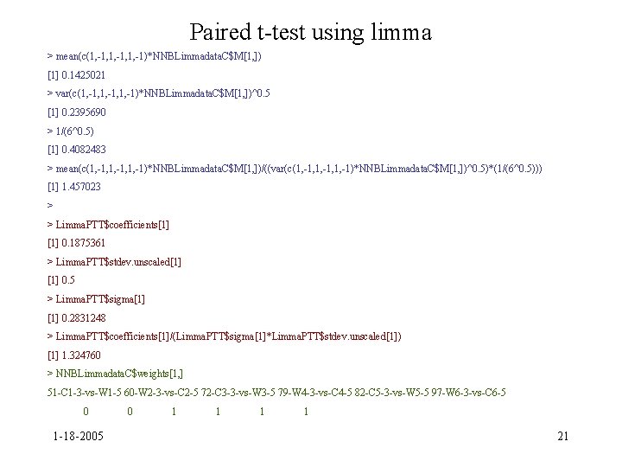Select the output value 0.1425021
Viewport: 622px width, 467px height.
(x=83, y=74)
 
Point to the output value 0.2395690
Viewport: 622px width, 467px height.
(x=83, y=112)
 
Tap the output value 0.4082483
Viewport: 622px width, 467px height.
(x=83, y=150)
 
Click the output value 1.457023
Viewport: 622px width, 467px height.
(x=80, y=187)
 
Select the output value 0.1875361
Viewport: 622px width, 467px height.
(x=83, y=243)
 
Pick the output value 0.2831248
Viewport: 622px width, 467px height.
(x=83, y=317)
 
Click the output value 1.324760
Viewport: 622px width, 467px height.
(x=80, y=355)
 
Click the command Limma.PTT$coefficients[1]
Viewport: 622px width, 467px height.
(x=112, y=224)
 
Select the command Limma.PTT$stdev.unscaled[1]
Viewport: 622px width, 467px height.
(x=117, y=261)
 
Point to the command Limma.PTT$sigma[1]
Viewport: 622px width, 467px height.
(x=100, y=298)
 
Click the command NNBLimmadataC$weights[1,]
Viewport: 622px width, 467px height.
(x=119, y=374)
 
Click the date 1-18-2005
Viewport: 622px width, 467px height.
(x=76, y=435)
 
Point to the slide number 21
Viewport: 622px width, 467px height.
(x=563, y=435)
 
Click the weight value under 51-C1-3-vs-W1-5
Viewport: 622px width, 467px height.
(x=86, y=412)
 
